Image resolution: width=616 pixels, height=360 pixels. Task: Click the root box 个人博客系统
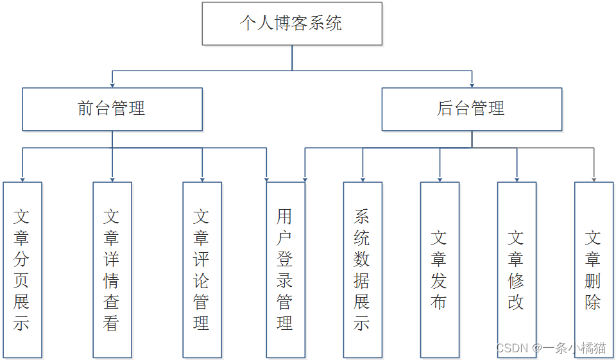click(292, 24)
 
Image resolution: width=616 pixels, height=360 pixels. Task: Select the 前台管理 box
click(112, 109)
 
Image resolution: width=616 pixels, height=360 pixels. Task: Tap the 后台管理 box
click(472, 109)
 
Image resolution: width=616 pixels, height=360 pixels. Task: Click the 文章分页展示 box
click(22, 270)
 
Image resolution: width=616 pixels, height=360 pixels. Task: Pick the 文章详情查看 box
click(112, 270)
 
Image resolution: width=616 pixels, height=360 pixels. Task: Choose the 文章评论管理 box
click(202, 270)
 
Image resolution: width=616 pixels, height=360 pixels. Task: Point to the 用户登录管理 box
click(286, 270)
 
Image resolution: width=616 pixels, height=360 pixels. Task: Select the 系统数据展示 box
click(363, 270)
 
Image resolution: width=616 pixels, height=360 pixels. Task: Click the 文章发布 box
click(440, 270)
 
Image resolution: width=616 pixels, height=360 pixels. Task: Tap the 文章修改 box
click(517, 270)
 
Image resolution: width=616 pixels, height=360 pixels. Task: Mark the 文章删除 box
click(594, 270)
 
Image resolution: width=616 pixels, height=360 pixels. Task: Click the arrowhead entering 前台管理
click(112, 84)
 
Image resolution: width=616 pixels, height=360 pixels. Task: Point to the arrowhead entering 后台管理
click(472, 84)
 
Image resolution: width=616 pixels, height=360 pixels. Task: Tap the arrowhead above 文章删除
click(594, 178)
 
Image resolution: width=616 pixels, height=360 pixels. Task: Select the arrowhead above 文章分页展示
click(22, 178)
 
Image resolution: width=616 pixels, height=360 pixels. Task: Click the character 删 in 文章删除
click(593, 280)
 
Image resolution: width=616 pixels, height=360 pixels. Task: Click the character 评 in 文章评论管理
click(201, 259)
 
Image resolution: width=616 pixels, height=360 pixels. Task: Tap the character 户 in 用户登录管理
click(285, 238)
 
